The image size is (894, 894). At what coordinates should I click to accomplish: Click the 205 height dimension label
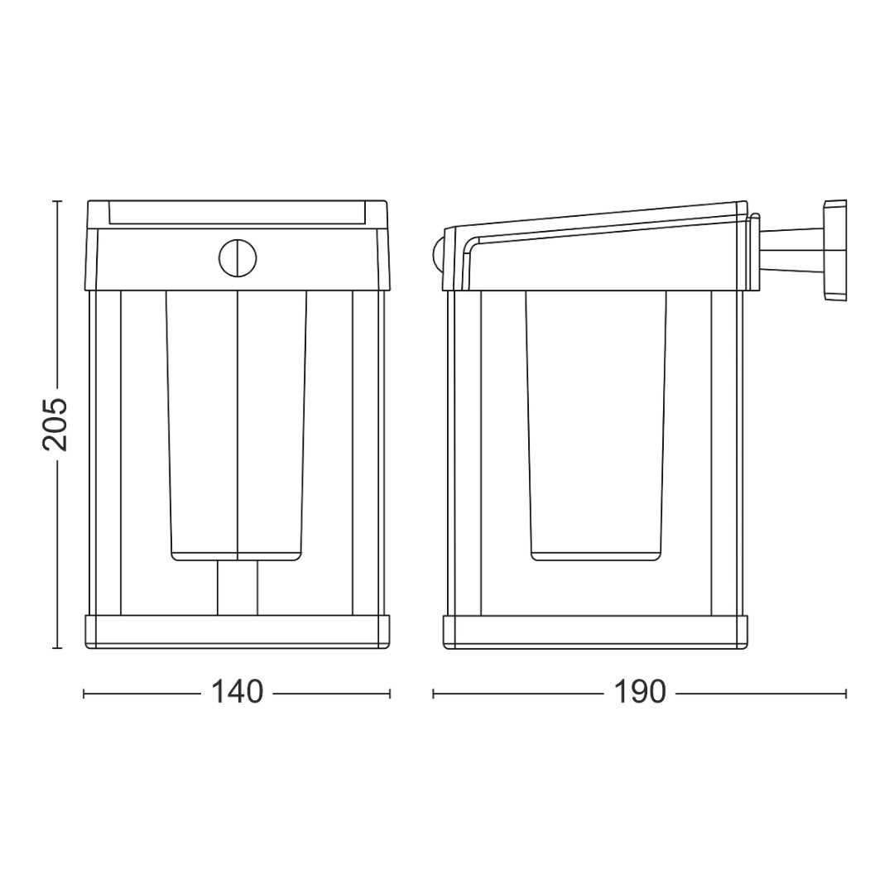tap(55, 424)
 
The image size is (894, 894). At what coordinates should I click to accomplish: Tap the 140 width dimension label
tap(238, 692)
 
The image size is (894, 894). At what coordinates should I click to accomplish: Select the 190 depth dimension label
tap(639, 692)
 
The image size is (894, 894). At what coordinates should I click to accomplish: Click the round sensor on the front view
tap(238, 258)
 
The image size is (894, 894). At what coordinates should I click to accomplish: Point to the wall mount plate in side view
tap(835, 249)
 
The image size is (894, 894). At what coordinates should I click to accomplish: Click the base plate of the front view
tap(238, 632)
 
